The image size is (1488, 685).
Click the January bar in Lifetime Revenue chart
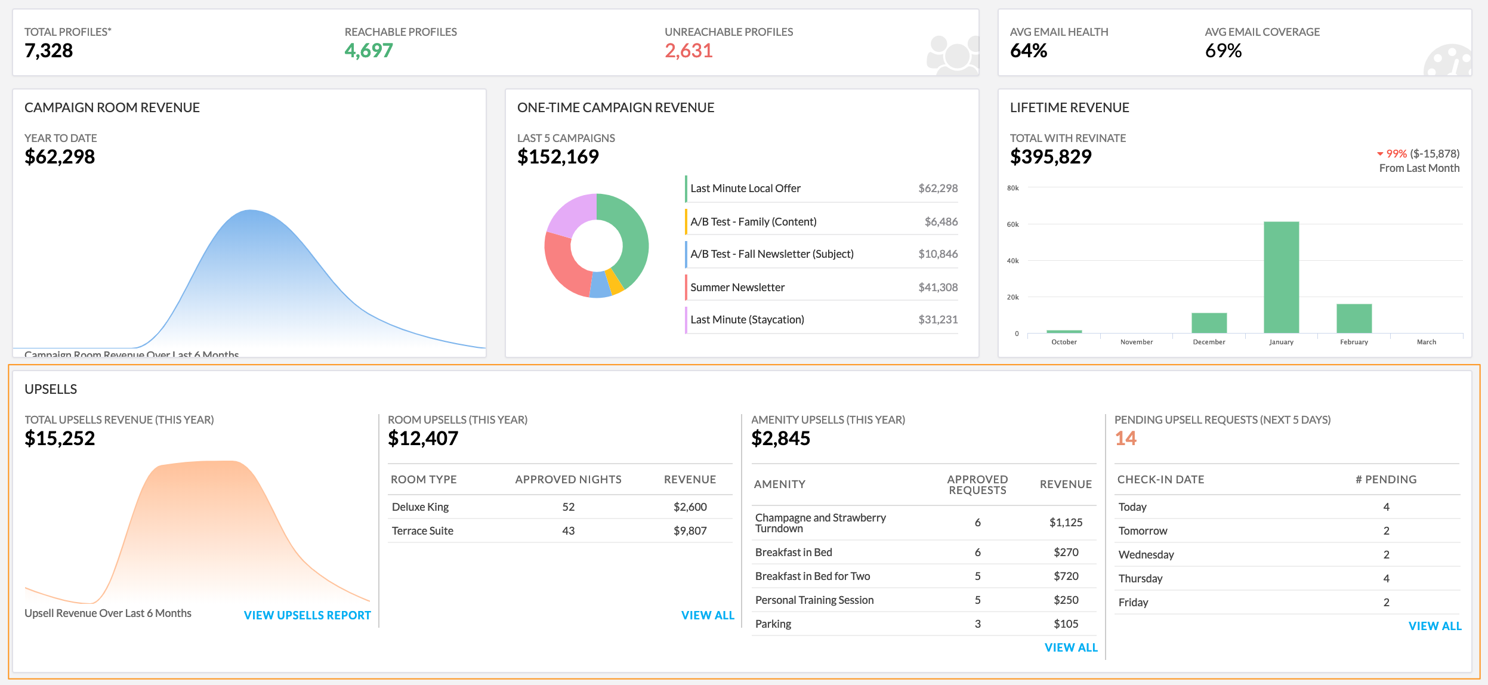click(x=1281, y=277)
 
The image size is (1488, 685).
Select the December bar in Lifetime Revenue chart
click(x=1209, y=323)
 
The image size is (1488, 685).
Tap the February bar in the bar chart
click(x=1354, y=318)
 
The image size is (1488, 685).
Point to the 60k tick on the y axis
click(x=1012, y=224)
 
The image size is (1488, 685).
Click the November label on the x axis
click(x=1136, y=342)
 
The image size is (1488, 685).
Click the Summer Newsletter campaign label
click(x=737, y=287)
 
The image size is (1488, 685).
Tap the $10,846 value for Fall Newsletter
click(x=937, y=254)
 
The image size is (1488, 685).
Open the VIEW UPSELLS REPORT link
click(x=307, y=615)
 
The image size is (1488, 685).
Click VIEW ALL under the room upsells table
click(x=708, y=615)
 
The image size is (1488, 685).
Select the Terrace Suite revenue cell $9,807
click(x=690, y=530)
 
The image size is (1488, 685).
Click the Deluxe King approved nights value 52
click(x=568, y=507)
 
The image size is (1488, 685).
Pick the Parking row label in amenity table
click(x=773, y=624)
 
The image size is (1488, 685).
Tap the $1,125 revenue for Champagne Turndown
click(x=1066, y=522)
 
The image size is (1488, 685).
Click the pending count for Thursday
click(x=1386, y=578)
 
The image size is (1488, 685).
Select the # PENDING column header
click(x=1385, y=479)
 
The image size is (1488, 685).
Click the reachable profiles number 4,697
click(x=369, y=51)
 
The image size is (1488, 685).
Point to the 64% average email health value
click(x=1028, y=51)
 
